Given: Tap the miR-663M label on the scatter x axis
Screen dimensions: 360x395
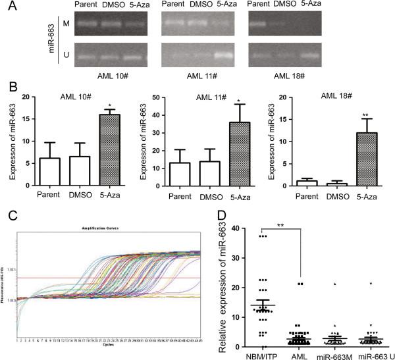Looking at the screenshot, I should pos(334,354).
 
